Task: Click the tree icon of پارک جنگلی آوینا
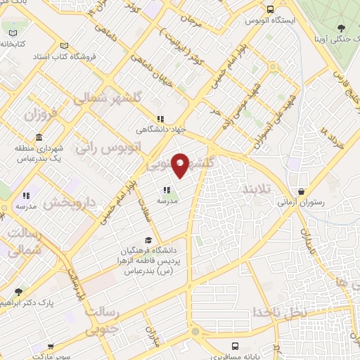coord(340,29)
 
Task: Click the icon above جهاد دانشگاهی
coord(160,120)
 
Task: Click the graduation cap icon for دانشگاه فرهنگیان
coord(147,241)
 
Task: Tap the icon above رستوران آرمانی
coord(302,191)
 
